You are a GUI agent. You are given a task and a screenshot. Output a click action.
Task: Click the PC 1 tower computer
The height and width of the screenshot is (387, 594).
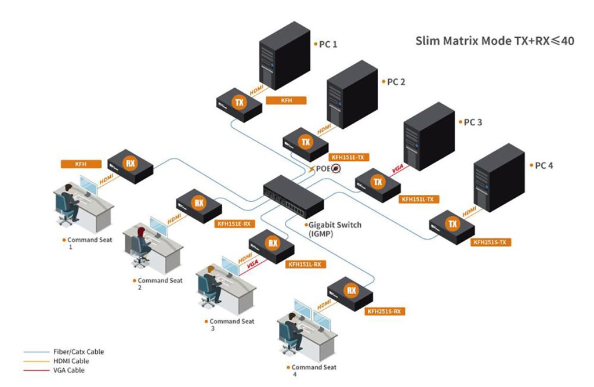[284, 56]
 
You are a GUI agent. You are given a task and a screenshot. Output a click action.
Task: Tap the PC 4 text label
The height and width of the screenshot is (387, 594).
[544, 165]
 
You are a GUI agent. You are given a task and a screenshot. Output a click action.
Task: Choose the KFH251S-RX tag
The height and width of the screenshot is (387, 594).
[384, 312]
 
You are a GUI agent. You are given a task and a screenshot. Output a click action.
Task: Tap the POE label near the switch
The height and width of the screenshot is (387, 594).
[323, 169]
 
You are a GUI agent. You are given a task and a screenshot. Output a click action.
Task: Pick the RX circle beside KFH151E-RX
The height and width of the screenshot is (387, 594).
[199, 203]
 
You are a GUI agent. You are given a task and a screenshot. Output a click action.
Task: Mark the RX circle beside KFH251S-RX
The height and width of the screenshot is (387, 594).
[351, 290]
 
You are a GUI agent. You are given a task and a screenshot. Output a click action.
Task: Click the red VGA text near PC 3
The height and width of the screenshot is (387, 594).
[398, 168]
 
